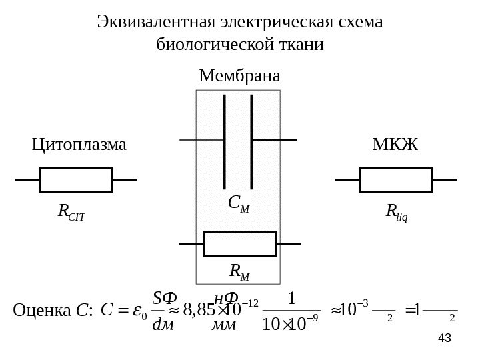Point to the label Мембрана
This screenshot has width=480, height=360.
click(x=239, y=75)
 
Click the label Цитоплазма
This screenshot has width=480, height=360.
click(x=79, y=144)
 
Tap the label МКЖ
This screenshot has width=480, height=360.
click(x=395, y=144)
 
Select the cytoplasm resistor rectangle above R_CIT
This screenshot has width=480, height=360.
click(x=76, y=180)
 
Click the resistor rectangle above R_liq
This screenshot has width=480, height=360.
click(x=395, y=180)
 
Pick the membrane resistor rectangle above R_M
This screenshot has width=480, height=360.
click(x=239, y=244)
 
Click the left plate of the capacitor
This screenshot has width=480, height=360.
click(x=224, y=141)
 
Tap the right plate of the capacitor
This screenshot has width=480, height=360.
click(x=252, y=141)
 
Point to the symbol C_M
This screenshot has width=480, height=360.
click(x=238, y=203)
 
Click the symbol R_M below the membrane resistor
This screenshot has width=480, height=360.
click(x=239, y=271)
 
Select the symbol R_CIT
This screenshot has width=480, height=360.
click(x=72, y=213)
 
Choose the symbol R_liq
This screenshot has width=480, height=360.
click(x=397, y=213)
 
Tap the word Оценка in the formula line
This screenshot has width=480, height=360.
click(x=43, y=311)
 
